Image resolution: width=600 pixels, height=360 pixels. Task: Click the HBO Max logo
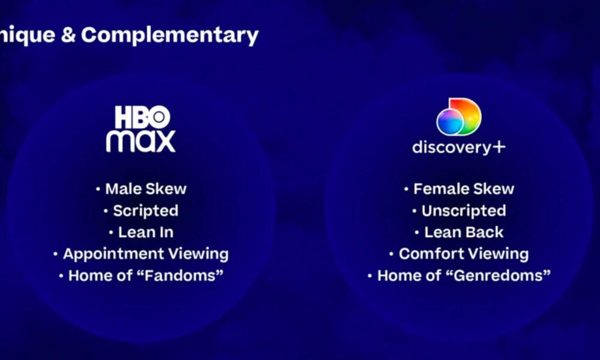[x=141, y=129]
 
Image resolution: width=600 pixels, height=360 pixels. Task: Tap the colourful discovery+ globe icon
[x=459, y=116]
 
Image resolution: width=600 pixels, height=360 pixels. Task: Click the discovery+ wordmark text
[x=459, y=147]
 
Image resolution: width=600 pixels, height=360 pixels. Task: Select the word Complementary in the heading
[x=170, y=35]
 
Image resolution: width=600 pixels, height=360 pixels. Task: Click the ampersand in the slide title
[x=68, y=35]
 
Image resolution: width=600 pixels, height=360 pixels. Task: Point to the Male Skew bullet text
[x=146, y=188]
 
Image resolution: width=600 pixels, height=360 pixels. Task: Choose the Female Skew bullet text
[x=464, y=188]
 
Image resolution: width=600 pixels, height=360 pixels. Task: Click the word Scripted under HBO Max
[x=146, y=211]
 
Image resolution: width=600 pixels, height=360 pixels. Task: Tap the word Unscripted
[x=464, y=211]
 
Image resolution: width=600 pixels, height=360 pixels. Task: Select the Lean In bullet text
[x=146, y=232]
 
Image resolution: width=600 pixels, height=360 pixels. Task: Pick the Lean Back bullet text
[x=464, y=232]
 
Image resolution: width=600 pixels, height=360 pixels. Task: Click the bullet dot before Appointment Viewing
[x=55, y=254]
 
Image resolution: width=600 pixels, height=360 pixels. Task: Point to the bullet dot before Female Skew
[x=406, y=188]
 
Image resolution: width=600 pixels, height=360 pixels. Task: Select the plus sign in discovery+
[x=499, y=147]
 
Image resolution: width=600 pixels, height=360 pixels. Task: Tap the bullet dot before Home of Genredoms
[x=370, y=275]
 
